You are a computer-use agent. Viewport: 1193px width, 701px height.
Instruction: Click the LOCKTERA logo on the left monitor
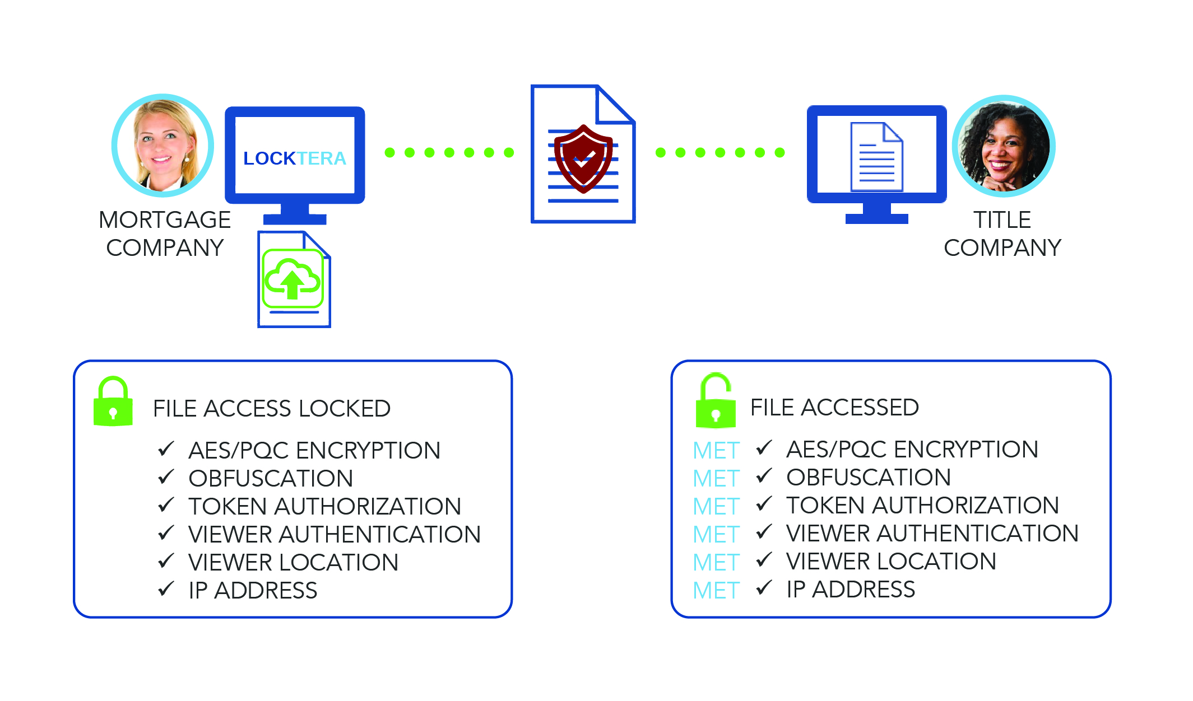click(x=295, y=158)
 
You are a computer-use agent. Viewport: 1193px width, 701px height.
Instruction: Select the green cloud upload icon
click(x=293, y=278)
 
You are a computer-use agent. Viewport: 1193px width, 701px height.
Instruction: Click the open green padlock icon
click(x=715, y=402)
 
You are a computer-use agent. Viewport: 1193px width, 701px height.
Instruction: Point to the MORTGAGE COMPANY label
click(x=165, y=233)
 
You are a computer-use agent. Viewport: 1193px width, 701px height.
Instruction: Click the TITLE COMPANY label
click(x=1002, y=233)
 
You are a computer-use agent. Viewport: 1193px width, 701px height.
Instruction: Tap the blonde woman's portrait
click(x=163, y=146)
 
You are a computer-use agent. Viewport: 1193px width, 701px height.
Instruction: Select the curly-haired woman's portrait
click(x=1004, y=146)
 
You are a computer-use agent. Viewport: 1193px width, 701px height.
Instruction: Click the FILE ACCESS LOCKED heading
click(x=272, y=409)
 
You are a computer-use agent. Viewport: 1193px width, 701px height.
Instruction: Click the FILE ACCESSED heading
click(x=834, y=408)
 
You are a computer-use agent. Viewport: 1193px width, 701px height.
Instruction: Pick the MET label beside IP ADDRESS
click(x=716, y=591)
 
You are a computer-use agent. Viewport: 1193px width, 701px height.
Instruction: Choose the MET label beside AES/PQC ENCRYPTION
click(x=716, y=451)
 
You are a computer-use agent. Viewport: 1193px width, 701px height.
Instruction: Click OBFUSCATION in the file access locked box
click(x=271, y=479)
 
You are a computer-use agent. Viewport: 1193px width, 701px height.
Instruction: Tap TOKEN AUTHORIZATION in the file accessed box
click(x=922, y=506)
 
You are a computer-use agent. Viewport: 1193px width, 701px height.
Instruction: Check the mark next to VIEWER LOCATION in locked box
click(x=166, y=561)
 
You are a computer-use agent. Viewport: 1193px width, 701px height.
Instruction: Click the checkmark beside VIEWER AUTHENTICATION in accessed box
click(x=764, y=532)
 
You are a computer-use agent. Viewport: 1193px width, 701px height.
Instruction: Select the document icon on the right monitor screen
click(x=876, y=157)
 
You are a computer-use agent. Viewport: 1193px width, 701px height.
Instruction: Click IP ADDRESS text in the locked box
click(x=253, y=591)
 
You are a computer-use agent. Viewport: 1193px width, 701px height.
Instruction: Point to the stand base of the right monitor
click(x=876, y=218)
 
